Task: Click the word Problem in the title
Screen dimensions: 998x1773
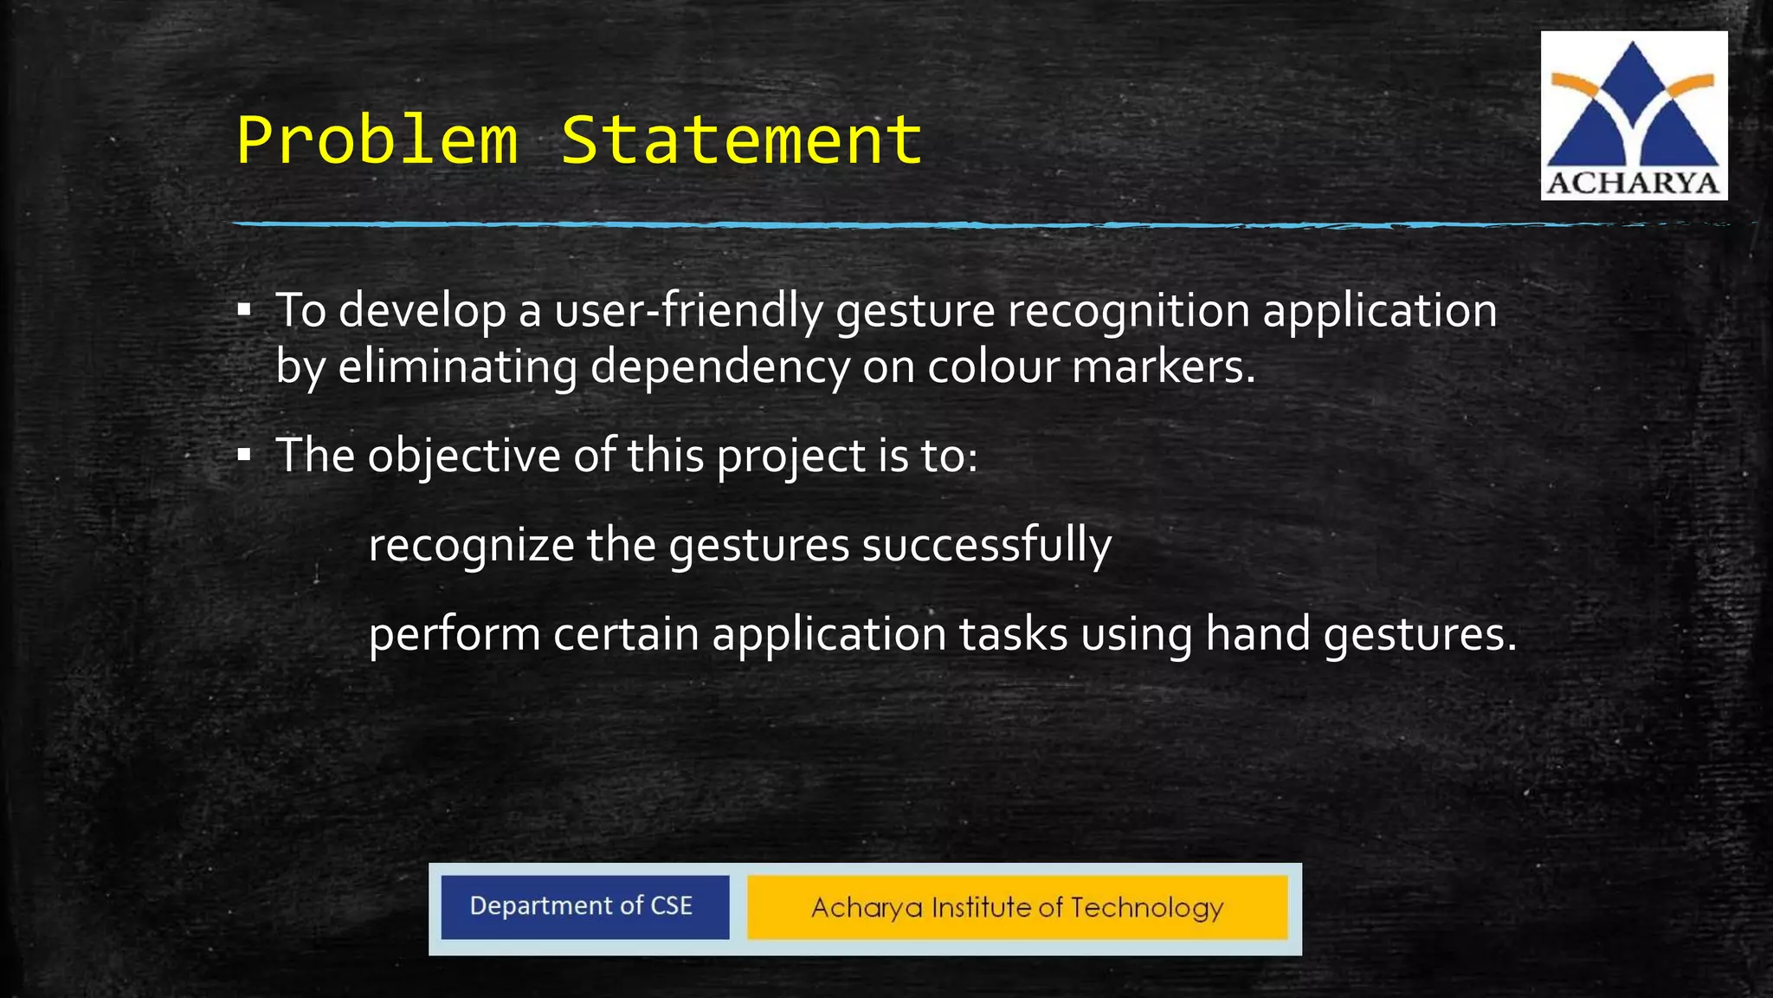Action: point(377,140)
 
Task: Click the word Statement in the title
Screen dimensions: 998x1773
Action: point(742,140)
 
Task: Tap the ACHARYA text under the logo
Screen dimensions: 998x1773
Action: point(1633,184)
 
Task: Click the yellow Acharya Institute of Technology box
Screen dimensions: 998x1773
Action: point(1017,907)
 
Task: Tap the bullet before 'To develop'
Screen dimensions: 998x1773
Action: point(244,309)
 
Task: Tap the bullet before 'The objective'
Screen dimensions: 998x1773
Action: point(244,454)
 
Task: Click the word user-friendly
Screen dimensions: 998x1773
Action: point(688,311)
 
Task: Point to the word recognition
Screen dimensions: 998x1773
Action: point(1129,311)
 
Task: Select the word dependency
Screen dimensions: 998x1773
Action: point(720,366)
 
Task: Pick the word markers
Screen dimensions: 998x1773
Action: point(1163,366)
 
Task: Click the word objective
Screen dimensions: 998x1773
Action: point(464,456)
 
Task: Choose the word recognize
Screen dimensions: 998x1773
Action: point(471,546)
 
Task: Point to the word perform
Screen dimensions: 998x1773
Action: point(455,635)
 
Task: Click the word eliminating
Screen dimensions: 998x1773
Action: point(457,366)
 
